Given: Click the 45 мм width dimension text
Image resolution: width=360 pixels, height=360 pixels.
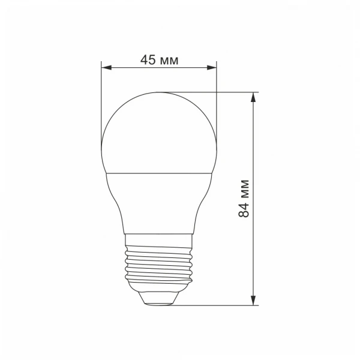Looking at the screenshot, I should click(x=159, y=59).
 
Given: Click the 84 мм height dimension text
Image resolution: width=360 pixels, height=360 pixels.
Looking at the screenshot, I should click(x=244, y=198).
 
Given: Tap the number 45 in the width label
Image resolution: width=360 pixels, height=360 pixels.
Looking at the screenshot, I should click(x=148, y=59).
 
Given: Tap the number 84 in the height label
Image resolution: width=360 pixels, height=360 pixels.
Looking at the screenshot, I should click(x=244, y=210).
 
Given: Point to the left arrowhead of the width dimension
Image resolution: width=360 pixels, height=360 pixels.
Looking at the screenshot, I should click(x=105, y=67).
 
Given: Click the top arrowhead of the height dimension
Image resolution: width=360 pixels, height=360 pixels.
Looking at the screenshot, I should click(x=254, y=97).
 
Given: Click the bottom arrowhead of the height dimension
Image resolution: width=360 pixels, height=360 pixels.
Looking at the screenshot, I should click(x=254, y=300).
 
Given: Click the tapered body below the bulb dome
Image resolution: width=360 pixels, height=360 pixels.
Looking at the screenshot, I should click(x=159, y=201).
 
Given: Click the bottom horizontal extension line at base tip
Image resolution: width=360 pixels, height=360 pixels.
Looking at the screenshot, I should click(x=210, y=305).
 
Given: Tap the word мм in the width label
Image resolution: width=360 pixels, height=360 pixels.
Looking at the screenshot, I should click(x=170, y=59).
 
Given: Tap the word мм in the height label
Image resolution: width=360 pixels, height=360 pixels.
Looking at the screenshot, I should click(x=244, y=187).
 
